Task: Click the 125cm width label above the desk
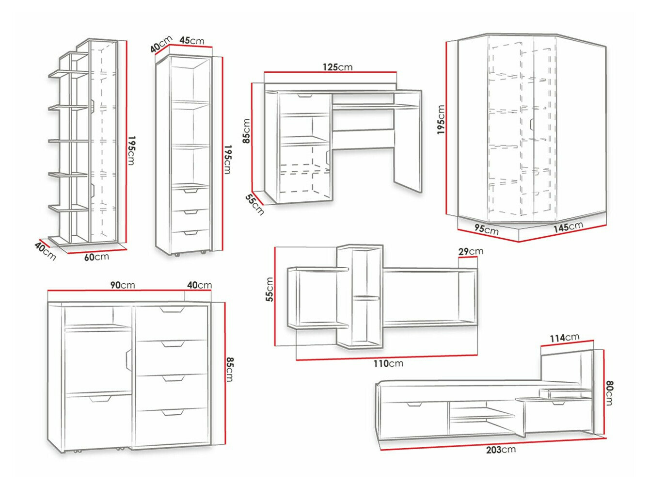[x=337, y=67]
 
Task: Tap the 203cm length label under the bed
[x=501, y=450]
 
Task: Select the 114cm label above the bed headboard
[x=564, y=338]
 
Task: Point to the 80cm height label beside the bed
[x=609, y=393]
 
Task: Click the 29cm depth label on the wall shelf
[x=471, y=251]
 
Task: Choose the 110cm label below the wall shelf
[x=388, y=363]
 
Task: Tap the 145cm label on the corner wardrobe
[x=568, y=227]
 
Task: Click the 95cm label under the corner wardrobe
[x=486, y=229]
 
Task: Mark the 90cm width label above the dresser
[x=122, y=285]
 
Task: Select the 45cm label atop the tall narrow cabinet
[x=192, y=40]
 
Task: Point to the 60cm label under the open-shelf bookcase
[x=96, y=257]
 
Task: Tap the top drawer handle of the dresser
[x=172, y=309]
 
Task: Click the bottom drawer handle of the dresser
[x=173, y=413]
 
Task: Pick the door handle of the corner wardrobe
[x=532, y=125]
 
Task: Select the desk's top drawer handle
[x=305, y=96]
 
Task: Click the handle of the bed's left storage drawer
[x=414, y=404]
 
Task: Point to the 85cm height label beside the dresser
[x=230, y=369]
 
